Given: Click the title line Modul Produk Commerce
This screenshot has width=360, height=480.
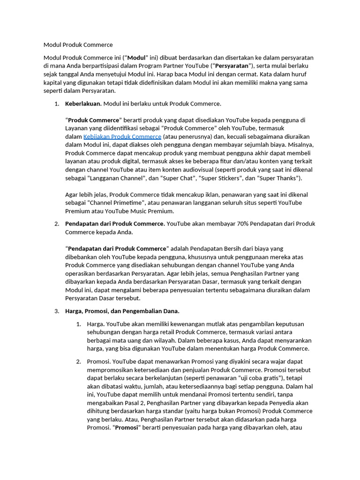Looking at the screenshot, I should [x=78, y=45].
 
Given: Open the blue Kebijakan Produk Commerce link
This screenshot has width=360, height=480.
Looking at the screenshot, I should [x=122, y=136].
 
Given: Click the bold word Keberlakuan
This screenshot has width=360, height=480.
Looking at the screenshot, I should [x=83, y=104].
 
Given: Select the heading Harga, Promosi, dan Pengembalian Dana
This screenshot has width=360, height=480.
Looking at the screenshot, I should [x=122, y=311].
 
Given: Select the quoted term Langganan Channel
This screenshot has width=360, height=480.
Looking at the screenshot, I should [x=114, y=178].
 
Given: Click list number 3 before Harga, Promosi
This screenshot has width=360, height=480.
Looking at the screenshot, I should [x=56, y=311].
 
